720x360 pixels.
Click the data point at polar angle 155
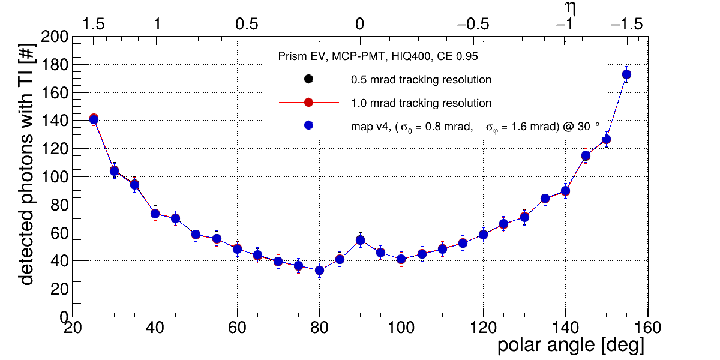(x=626, y=74)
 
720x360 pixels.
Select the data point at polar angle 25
(x=94, y=119)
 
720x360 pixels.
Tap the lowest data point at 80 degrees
(x=319, y=270)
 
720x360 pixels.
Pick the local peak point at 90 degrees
(x=360, y=240)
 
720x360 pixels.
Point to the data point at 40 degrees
(x=155, y=213)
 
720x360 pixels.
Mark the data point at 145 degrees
(x=586, y=156)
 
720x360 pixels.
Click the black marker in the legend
(x=308, y=79)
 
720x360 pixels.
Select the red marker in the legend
(x=308, y=103)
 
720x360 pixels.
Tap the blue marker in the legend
(x=308, y=126)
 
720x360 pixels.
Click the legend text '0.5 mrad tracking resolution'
(x=421, y=79)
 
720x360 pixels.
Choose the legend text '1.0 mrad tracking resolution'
(x=421, y=103)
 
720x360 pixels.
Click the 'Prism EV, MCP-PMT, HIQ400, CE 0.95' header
(x=378, y=56)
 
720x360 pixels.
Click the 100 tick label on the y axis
(x=53, y=176)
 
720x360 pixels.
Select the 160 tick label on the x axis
(x=647, y=328)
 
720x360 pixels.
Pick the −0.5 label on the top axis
(x=473, y=24)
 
